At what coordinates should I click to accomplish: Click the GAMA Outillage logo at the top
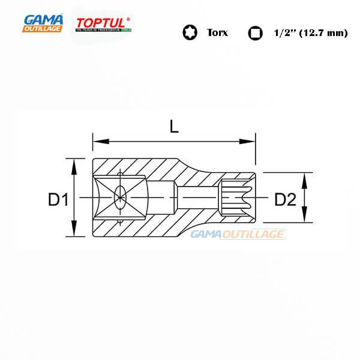[x=43, y=23]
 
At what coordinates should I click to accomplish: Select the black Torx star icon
[x=190, y=33]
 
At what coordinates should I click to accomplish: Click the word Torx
[x=217, y=33]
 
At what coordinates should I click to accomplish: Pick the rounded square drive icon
[x=255, y=33]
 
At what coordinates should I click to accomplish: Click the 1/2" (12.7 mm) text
[x=310, y=33]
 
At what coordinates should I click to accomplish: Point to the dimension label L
[x=174, y=127]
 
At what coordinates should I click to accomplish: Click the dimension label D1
[x=58, y=200]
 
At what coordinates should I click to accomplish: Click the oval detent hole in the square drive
[x=120, y=196]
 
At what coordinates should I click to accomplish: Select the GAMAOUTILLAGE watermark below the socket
[x=238, y=235]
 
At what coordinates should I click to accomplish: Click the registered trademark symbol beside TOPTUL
[x=128, y=19]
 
